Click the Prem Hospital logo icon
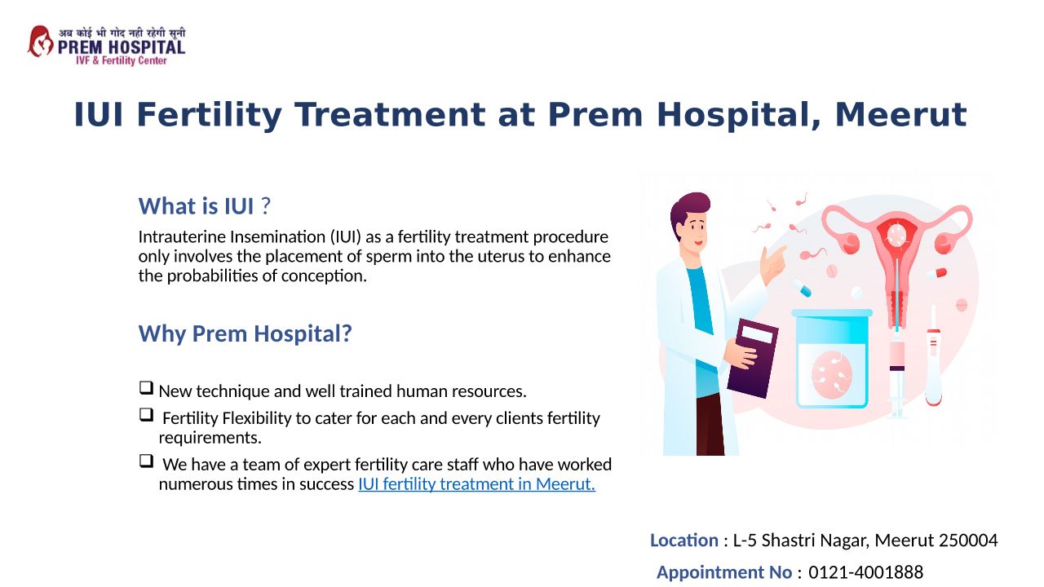point(41,42)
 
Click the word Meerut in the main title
point(900,115)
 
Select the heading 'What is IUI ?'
point(204,206)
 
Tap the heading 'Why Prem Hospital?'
point(246,333)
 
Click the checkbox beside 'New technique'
point(146,387)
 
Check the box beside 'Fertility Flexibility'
point(146,415)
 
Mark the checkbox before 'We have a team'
point(146,461)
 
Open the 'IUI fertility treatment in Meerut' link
point(477,484)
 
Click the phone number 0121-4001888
point(865,572)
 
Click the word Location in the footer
point(684,541)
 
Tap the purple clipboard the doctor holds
point(753,358)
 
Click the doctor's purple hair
point(689,209)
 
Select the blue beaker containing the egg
point(832,359)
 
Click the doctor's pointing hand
point(772,264)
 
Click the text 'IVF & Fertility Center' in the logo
point(122,60)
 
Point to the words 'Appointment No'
point(724,572)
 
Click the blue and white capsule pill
point(803,288)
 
